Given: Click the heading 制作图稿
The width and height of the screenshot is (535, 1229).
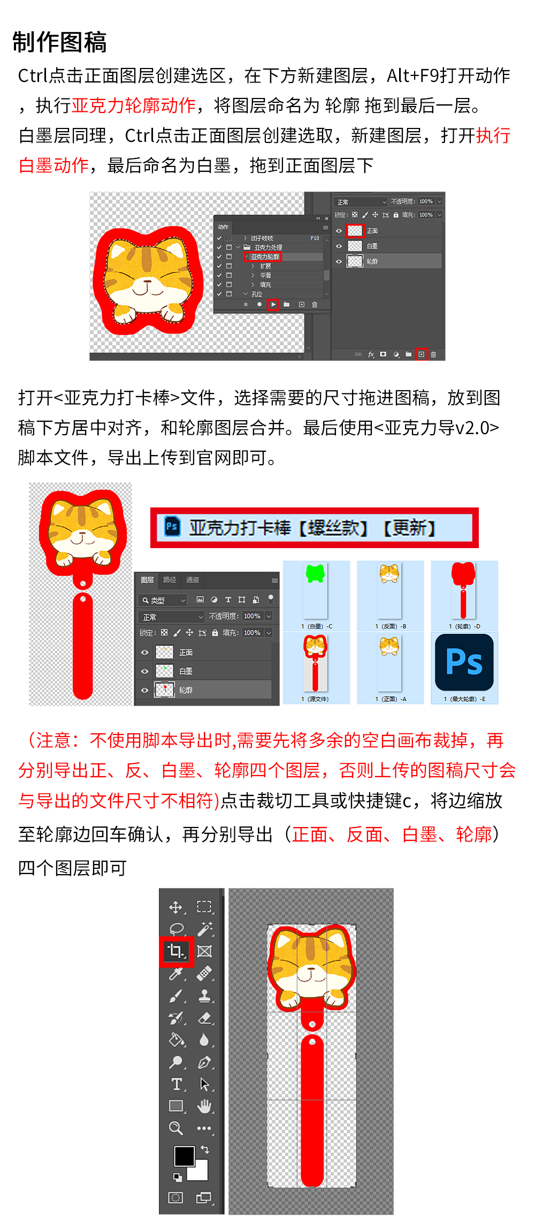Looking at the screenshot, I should [x=59, y=42].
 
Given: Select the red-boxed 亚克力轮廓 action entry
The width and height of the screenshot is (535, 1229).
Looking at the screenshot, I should [x=264, y=257].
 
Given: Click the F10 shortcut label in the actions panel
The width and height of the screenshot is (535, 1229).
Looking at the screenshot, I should [x=315, y=238].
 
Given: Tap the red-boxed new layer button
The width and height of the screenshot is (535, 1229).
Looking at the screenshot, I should [x=421, y=354].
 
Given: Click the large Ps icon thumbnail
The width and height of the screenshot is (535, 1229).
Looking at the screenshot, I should [x=464, y=662].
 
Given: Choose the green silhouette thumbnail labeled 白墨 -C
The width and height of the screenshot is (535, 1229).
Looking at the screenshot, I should [x=316, y=574].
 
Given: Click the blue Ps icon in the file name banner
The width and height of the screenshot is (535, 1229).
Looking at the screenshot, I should [x=172, y=527].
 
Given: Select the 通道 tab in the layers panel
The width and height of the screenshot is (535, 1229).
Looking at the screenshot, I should [x=193, y=580].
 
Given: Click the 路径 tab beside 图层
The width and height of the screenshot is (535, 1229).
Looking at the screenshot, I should [x=170, y=580].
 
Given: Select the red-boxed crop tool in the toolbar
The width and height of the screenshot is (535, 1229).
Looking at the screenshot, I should [x=176, y=951].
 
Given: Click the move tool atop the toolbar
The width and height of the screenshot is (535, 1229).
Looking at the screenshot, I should [x=175, y=907].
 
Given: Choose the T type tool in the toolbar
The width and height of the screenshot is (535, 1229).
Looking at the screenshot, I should [x=176, y=1084].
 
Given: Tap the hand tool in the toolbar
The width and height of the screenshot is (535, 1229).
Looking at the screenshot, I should [x=204, y=1106].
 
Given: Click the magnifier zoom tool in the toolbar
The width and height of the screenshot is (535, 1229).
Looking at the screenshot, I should [x=175, y=1128].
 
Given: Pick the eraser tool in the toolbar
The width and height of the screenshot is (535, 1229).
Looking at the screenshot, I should [x=205, y=1018].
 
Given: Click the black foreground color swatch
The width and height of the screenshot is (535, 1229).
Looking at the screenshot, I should [x=184, y=1156].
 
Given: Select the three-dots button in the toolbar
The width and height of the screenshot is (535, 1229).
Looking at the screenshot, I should [x=204, y=1128].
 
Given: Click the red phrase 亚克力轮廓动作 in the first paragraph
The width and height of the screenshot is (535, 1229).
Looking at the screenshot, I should [x=134, y=105].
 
